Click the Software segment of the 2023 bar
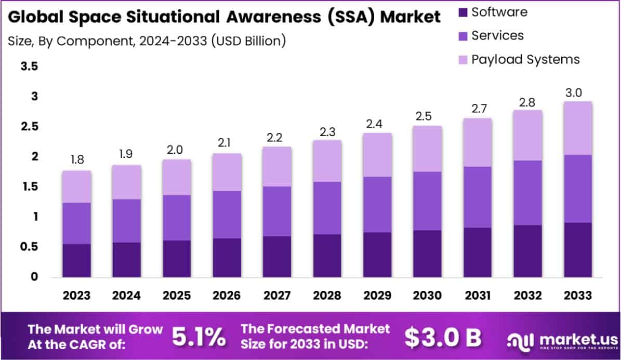pos(77,260)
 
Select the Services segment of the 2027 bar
pos(277,211)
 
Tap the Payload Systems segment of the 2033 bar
pos(578,128)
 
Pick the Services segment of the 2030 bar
pos(428,201)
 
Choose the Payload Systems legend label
pos(525,59)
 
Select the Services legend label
pos(497,35)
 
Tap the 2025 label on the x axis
pos(177,296)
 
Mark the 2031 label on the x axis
pos(478,296)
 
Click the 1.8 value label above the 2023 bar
pos(77,160)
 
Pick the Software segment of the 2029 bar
pos(377,255)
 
